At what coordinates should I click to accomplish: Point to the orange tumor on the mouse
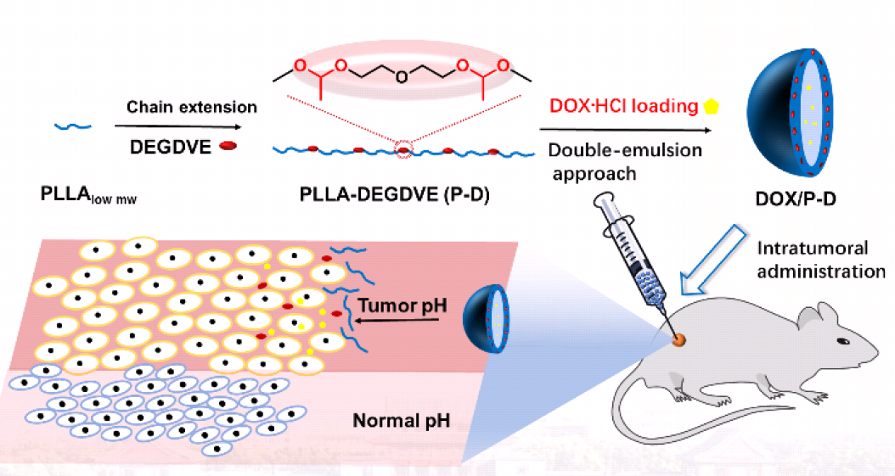(678, 341)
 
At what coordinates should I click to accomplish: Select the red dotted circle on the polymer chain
(404, 150)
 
